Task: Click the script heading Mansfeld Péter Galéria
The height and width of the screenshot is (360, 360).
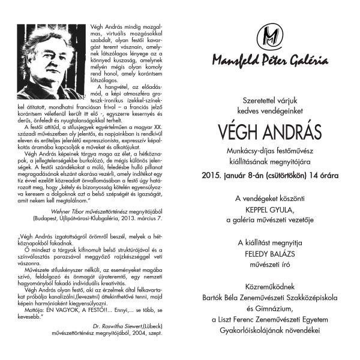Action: coord(265,61)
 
